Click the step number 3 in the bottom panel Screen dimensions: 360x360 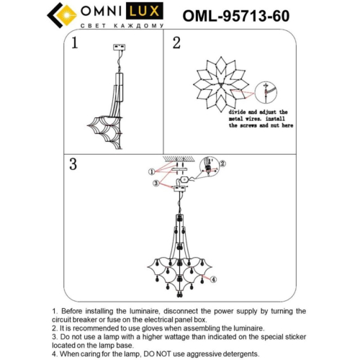click(73, 163)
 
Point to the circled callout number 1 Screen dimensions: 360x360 click(151, 172)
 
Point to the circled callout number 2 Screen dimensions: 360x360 click(222, 163)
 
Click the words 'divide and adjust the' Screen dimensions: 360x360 click(258, 113)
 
